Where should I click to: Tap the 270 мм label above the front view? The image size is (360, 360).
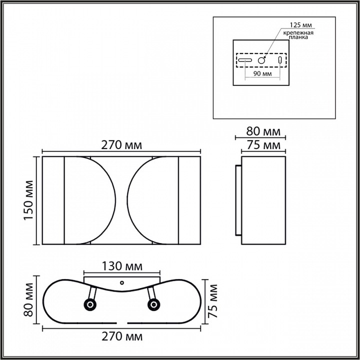[x=121, y=145]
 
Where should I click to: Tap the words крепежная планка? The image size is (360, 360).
[x=298, y=35]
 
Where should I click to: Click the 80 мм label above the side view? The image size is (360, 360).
[x=263, y=132]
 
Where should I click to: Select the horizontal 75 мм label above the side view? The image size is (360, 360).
[x=263, y=145]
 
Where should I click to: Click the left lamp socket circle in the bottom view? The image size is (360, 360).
[x=90, y=304]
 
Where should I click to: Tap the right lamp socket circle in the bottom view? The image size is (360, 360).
[x=153, y=304]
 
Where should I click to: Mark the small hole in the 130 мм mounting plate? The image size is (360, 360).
[x=121, y=282]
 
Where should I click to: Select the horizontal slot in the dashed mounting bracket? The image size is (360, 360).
[x=245, y=60]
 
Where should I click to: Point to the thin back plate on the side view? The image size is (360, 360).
[x=238, y=201]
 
